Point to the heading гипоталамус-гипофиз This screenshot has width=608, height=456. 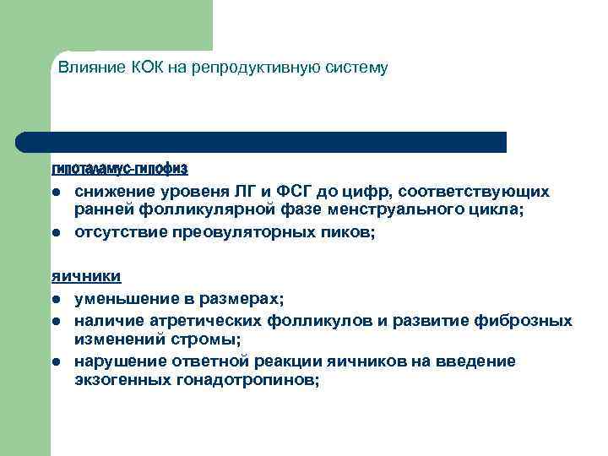119,168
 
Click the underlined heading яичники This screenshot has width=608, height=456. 85,275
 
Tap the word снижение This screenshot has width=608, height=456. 111,192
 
